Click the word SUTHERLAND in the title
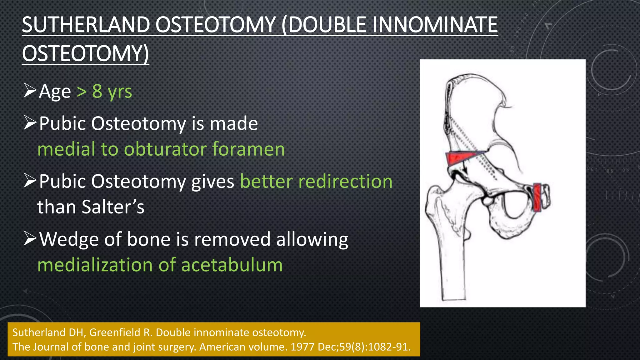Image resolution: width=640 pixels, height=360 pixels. click(x=86, y=25)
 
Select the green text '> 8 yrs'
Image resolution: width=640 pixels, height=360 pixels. click(x=104, y=92)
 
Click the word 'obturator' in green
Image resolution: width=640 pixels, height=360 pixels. click(x=165, y=149)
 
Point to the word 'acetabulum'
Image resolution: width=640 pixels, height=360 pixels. click(x=232, y=265)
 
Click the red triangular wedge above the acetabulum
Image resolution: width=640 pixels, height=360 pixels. click(x=457, y=157)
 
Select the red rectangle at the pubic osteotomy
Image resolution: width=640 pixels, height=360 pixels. click(x=537, y=197)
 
